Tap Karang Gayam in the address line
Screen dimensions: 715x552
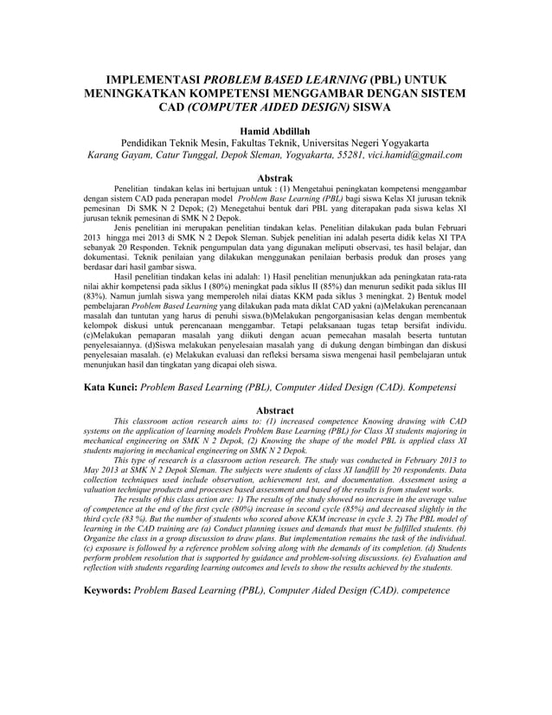coord(120,156)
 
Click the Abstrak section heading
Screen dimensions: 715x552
coord(275,178)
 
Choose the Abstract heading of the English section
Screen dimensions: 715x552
coord(275,410)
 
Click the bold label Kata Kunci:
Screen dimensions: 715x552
coord(110,389)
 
